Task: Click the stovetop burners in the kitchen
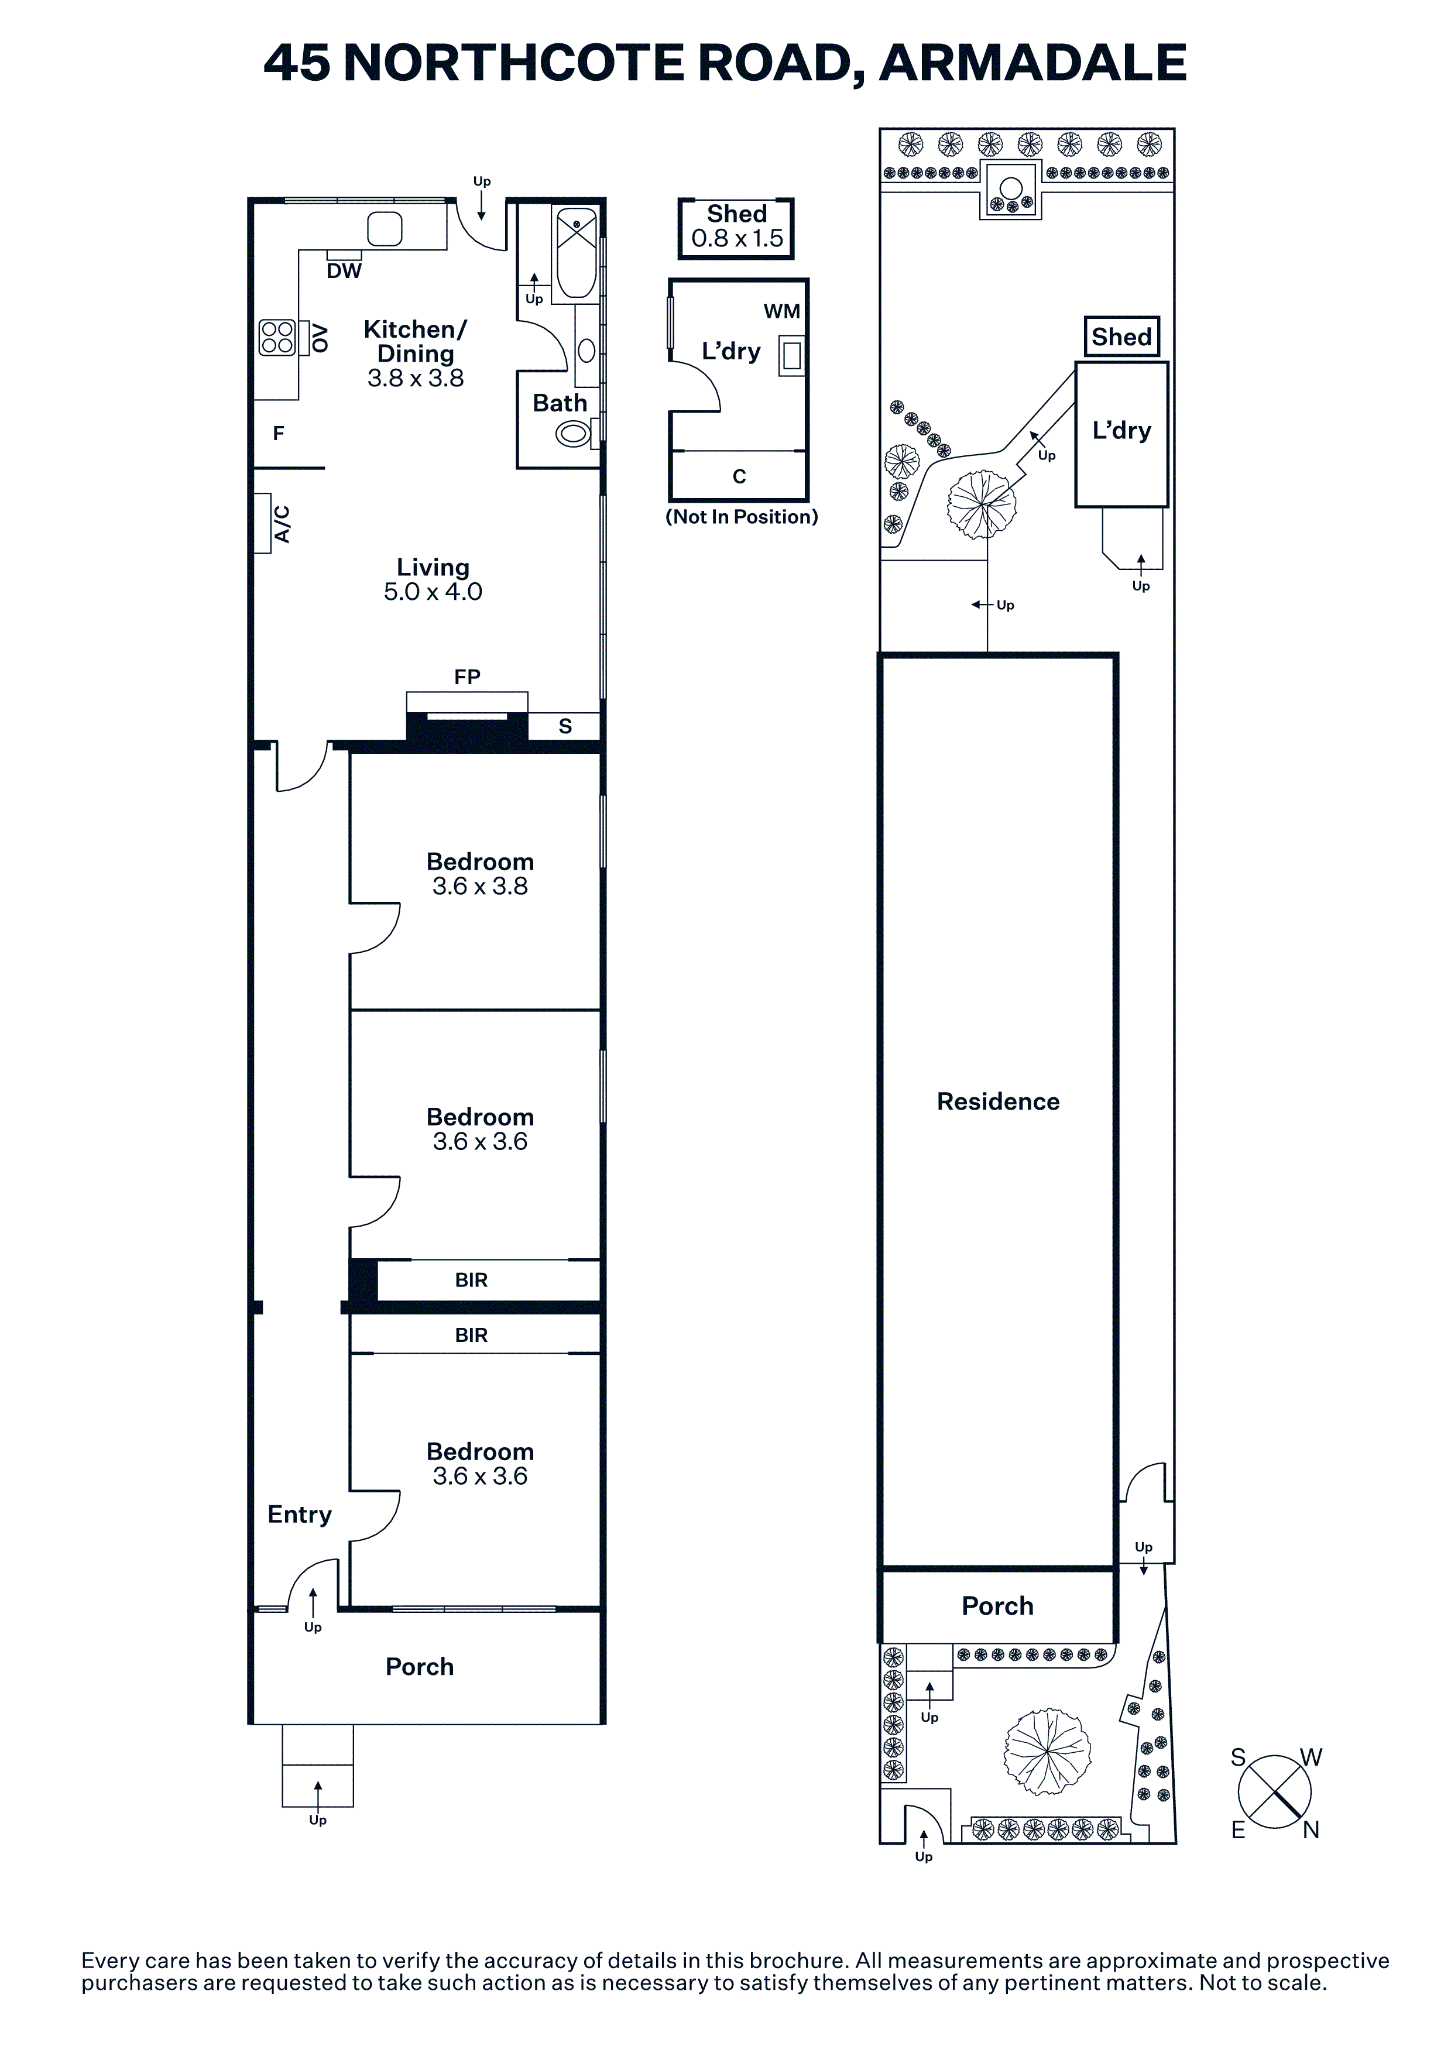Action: [277, 337]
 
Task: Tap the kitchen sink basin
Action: [385, 229]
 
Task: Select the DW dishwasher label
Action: [344, 271]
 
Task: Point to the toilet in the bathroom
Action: [575, 435]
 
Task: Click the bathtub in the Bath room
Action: [576, 253]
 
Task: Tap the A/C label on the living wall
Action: [282, 524]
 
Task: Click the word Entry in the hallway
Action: [300, 1514]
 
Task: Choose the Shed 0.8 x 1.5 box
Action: [736, 229]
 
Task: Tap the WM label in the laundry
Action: [781, 311]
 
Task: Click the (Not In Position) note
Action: [742, 517]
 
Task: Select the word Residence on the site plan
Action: [998, 1101]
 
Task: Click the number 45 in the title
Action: [297, 63]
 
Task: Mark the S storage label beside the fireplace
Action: [565, 726]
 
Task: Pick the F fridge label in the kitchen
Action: [279, 434]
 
